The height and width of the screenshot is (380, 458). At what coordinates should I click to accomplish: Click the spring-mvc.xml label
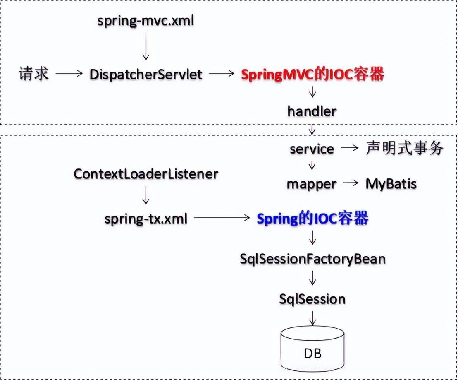[146, 21]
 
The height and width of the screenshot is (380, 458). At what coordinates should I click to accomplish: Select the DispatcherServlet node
[146, 75]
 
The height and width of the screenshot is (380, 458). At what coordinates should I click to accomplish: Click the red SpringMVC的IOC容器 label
[312, 75]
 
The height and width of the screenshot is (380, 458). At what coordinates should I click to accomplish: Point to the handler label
[312, 111]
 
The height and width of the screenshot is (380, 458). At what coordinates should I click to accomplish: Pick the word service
[312, 149]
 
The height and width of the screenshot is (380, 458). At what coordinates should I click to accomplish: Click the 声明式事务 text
[405, 148]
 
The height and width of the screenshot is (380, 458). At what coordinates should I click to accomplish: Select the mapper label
[312, 184]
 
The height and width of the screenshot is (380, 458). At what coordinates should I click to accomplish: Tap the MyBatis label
[391, 184]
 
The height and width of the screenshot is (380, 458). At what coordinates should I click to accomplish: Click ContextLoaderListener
[146, 174]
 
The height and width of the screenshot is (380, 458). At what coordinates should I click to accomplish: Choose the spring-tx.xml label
[146, 218]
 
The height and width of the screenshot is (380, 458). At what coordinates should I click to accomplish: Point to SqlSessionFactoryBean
[312, 259]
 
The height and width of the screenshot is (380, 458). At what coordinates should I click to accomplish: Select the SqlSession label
[312, 299]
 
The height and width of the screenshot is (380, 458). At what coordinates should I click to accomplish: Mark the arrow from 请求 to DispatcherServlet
[69, 74]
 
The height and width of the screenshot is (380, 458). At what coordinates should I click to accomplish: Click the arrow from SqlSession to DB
[312, 317]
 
